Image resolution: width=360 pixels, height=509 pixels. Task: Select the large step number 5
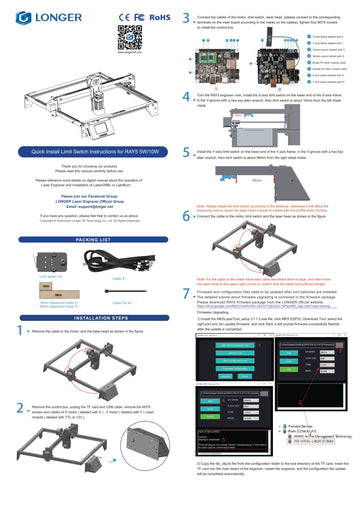tap(188, 151)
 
